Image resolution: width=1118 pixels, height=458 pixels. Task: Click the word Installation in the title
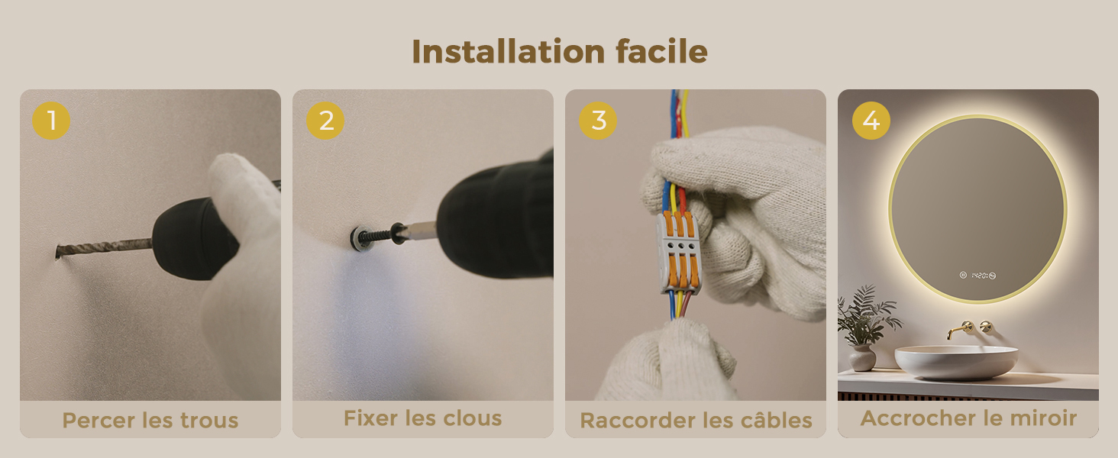(508, 51)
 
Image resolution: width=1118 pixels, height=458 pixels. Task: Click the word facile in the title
(662, 51)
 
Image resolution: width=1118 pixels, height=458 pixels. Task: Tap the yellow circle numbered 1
(51, 121)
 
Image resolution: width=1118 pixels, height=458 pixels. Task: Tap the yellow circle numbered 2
(325, 121)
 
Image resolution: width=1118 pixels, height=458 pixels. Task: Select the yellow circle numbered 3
(598, 121)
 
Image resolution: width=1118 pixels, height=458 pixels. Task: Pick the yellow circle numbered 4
(871, 121)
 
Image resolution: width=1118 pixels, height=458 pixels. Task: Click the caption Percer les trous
(150, 420)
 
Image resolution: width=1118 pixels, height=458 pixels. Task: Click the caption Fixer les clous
(423, 418)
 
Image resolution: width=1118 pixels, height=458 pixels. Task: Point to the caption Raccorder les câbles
(696, 421)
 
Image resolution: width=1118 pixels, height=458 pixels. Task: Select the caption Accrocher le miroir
(968, 418)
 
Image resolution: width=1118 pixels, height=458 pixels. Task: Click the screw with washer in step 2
(374, 236)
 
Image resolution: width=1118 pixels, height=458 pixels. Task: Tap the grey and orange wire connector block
(679, 252)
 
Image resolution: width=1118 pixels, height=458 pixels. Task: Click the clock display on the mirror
(977, 276)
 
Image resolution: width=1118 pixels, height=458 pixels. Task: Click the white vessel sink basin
(956, 363)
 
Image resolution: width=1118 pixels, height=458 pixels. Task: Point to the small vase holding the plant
(862, 357)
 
